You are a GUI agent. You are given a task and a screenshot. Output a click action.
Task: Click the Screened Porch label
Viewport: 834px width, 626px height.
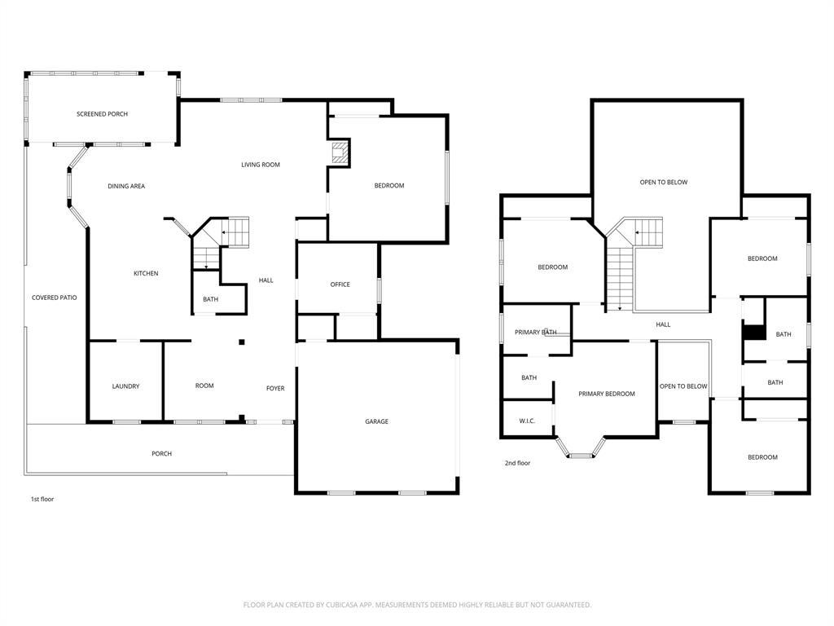pos(102,114)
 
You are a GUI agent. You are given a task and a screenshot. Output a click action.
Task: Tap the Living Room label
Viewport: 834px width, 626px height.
pos(261,165)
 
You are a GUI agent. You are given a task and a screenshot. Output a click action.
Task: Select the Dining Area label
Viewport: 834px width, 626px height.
pos(126,186)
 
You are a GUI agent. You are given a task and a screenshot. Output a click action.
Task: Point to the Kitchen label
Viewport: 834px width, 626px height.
pos(146,273)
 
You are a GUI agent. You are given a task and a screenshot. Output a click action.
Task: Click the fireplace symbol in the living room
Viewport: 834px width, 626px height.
pos(339,153)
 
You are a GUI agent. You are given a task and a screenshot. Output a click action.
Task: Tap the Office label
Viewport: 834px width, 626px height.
pos(340,284)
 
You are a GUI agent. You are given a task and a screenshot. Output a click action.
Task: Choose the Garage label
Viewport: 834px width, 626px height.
pos(376,421)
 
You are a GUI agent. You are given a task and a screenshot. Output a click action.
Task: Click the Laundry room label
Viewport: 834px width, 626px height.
pos(125,386)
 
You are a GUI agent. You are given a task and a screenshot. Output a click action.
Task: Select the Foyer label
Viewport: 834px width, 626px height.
pos(275,388)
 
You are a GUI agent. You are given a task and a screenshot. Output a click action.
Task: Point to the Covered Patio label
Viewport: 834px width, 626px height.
pos(55,298)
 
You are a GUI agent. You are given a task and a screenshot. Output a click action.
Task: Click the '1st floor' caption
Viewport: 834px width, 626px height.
pos(42,499)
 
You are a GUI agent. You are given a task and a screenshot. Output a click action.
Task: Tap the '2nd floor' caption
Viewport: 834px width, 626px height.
pos(517,463)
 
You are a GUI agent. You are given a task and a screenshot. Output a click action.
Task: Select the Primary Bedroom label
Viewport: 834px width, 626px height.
pos(607,394)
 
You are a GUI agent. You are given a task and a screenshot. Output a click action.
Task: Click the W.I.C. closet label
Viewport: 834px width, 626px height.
pos(527,421)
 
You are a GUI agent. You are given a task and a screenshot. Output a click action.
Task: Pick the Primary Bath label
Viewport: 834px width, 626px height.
pos(536,333)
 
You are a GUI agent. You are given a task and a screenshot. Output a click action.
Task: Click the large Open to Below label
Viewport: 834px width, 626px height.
pos(664,182)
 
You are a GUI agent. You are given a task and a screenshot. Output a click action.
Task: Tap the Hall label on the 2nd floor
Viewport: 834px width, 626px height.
pos(663,324)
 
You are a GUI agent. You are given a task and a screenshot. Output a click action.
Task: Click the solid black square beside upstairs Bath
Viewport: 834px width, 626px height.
pos(754,333)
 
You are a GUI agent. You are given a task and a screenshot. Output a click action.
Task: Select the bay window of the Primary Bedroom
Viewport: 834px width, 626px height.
pos(580,448)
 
